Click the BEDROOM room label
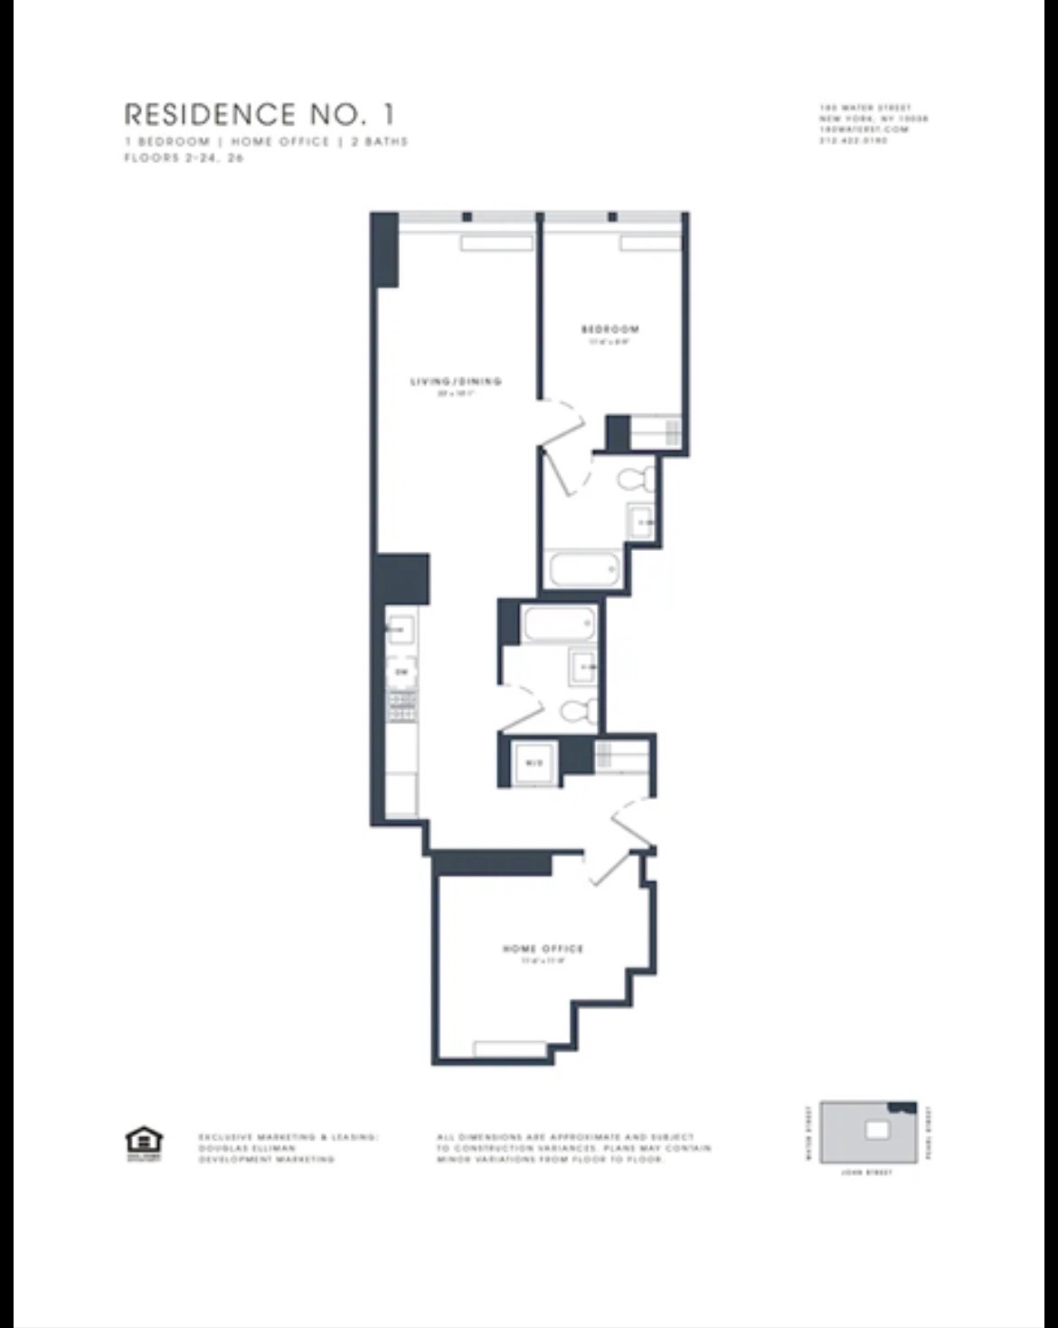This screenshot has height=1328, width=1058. (610, 329)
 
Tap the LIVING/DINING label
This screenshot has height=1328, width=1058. (456, 382)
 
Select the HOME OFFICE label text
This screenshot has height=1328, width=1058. (543, 949)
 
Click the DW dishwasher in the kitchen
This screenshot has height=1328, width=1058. (402, 672)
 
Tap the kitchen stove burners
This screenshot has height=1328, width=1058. (402, 706)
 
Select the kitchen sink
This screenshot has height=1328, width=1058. (401, 627)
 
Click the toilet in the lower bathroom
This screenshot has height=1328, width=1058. (576, 713)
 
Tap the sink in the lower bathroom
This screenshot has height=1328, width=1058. (583, 668)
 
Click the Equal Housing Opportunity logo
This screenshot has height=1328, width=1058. (143, 1142)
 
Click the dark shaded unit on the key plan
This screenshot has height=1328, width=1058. (902, 1106)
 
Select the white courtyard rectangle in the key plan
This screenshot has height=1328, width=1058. (877, 1129)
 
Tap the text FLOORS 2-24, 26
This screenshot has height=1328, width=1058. (184, 157)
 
